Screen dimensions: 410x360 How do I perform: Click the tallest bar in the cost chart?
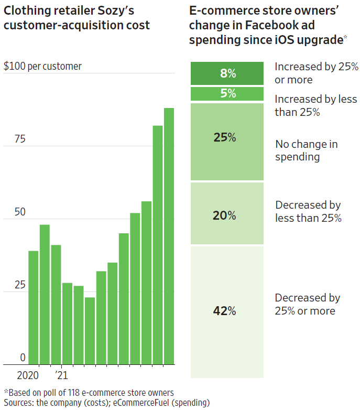(x=169, y=236)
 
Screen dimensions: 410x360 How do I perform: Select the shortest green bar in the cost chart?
(x=90, y=331)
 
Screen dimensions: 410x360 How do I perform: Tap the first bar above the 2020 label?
(x=34, y=307)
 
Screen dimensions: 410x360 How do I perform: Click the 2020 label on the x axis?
(x=28, y=375)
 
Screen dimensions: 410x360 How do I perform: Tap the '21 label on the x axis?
(x=61, y=375)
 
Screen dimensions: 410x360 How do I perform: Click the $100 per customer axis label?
(x=42, y=67)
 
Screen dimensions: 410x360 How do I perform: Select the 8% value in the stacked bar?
(x=227, y=73)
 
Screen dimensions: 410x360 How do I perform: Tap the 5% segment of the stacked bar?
(x=227, y=94)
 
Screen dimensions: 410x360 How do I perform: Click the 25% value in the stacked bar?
(x=225, y=137)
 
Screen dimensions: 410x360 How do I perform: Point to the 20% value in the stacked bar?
(x=225, y=215)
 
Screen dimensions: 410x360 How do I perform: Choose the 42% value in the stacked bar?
(x=225, y=311)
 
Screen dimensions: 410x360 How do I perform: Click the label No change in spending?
(x=306, y=150)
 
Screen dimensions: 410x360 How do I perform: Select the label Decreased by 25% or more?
(x=308, y=304)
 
